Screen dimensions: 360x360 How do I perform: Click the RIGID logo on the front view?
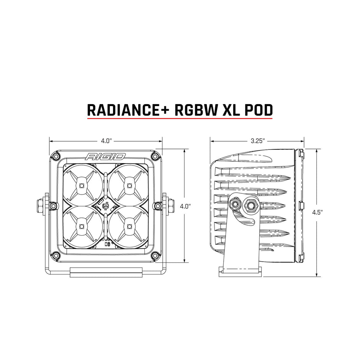click(x=105, y=156)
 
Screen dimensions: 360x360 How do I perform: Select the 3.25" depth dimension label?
click(x=258, y=141)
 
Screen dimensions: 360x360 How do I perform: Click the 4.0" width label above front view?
click(x=106, y=141)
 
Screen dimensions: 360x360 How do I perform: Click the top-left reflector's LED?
click(x=82, y=185)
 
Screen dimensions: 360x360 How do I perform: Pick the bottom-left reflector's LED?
click(x=82, y=226)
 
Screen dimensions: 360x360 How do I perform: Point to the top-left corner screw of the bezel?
click(x=57, y=157)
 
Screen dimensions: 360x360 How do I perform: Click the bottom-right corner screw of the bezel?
click(x=155, y=255)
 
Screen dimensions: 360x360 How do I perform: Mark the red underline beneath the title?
click(x=180, y=119)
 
